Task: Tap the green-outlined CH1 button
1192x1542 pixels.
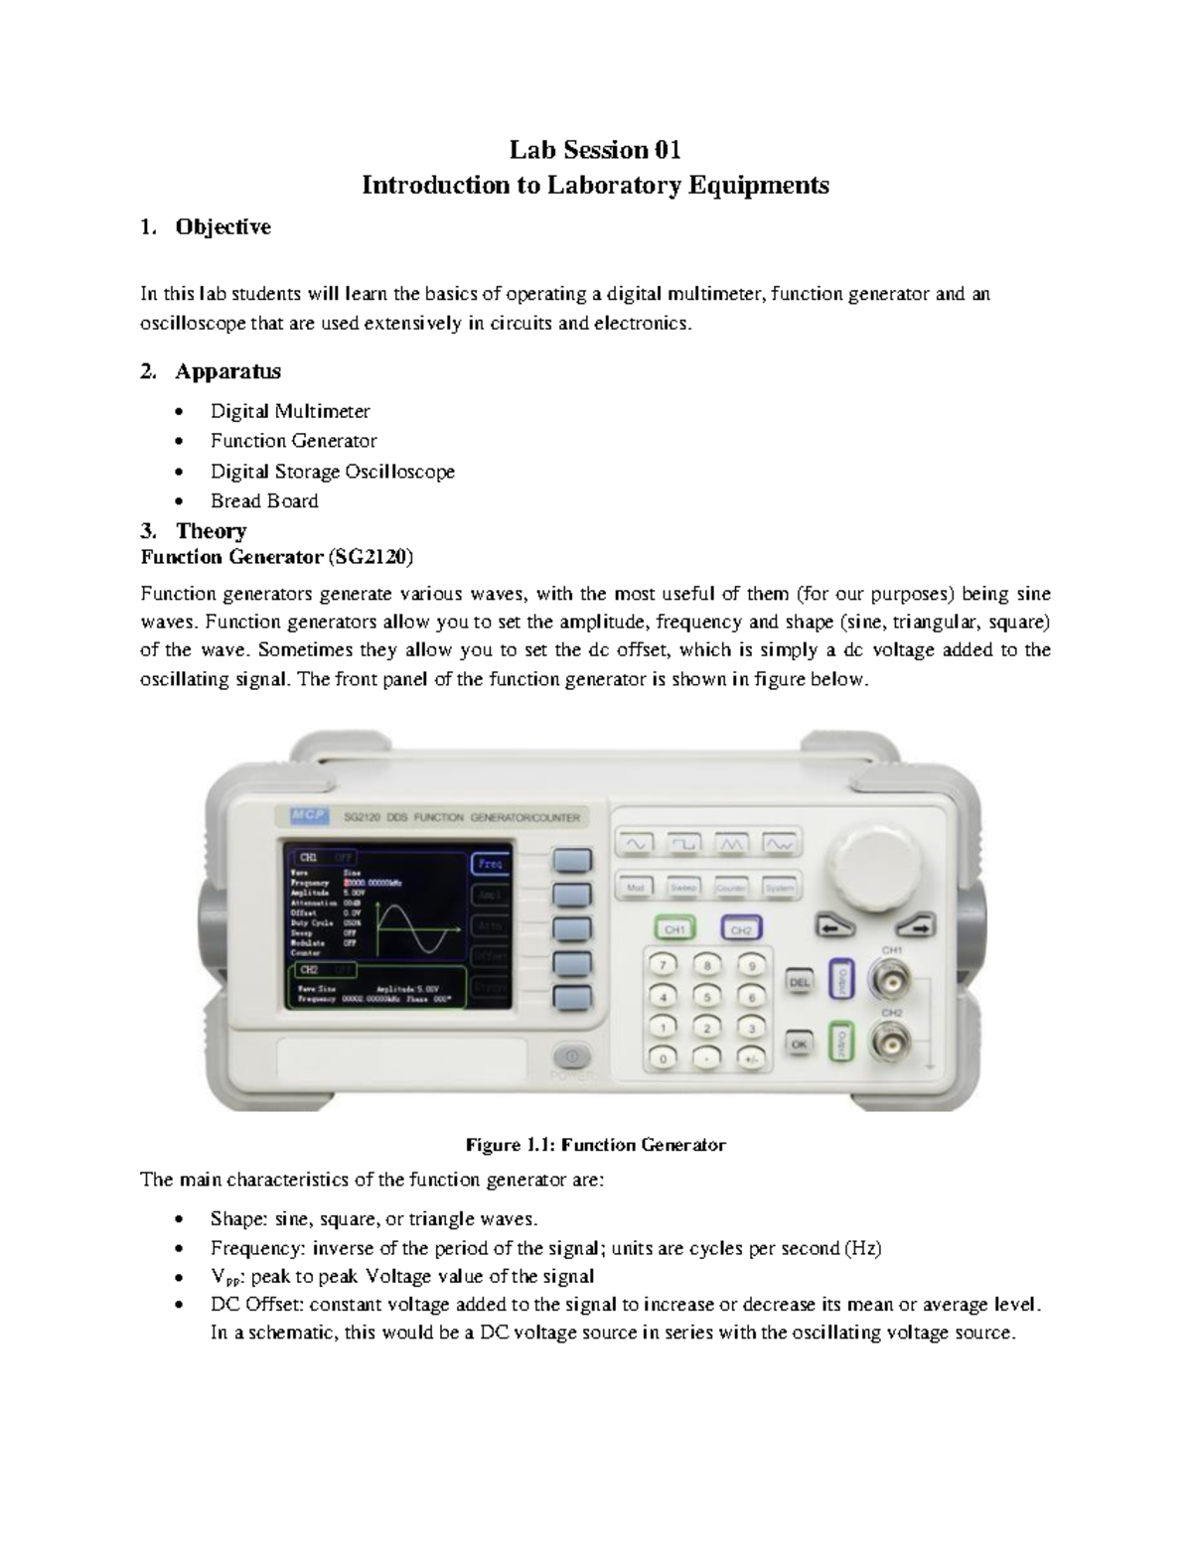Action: tap(674, 929)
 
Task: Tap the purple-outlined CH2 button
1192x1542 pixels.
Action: tap(741, 929)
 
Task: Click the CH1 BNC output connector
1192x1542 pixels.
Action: tap(890, 983)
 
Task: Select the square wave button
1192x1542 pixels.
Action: tap(683, 843)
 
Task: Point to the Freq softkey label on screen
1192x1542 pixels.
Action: tap(490, 864)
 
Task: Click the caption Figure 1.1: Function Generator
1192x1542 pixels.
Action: tap(596, 1145)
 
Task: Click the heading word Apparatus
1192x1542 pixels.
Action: tap(227, 371)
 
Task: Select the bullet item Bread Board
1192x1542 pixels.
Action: tap(264, 500)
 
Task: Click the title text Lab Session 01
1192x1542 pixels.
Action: tap(595, 150)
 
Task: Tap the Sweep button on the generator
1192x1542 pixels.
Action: tap(683, 887)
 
